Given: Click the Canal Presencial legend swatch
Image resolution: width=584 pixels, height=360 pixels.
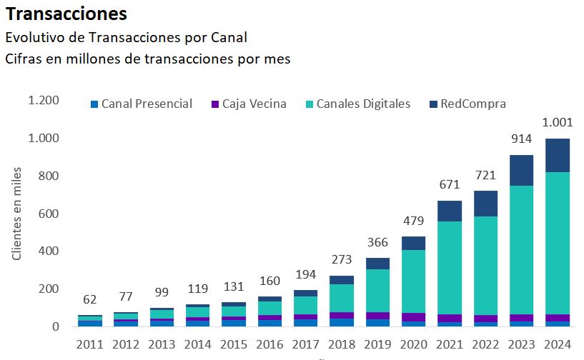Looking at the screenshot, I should click(94, 104).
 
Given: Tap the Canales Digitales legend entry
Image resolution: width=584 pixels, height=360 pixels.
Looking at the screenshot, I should click(358, 104).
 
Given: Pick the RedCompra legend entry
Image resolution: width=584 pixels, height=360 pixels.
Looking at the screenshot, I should click(472, 104).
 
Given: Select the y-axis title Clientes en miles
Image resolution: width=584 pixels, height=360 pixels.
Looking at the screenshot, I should click(16, 213).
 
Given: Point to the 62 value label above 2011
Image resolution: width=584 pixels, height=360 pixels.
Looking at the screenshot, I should click(89, 299).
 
